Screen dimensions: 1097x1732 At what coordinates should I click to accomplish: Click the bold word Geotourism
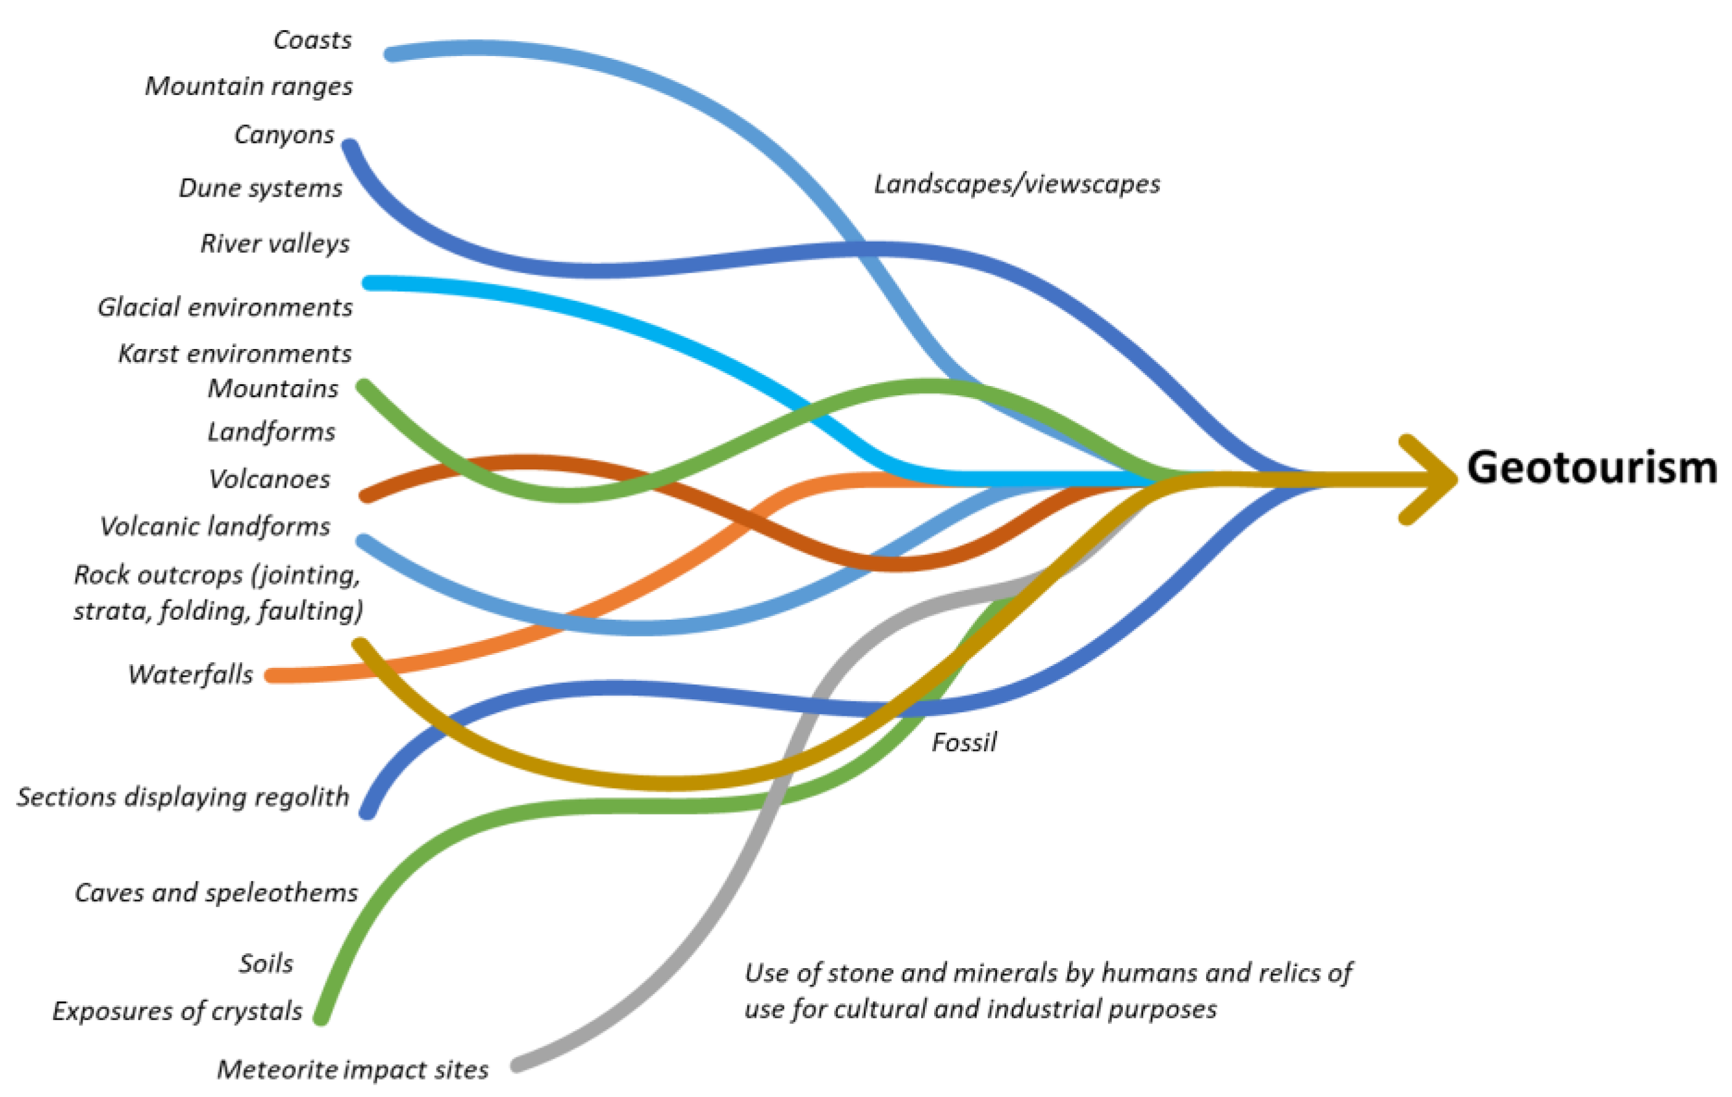(x=1591, y=467)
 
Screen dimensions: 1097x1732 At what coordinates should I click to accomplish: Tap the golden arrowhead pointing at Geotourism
(x=1431, y=479)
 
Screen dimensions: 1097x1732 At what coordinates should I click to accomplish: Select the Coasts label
(x=313, y=40)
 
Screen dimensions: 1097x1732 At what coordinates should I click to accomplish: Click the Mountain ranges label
(x=249, y=86)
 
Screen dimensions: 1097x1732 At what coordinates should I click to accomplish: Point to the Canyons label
(x=284, y=134)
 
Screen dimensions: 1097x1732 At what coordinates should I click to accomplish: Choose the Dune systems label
(x=260, y=189)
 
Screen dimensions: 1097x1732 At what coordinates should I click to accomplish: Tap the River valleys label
(x=275, y=244)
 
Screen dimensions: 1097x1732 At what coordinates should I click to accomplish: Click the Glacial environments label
(x=225, y=308)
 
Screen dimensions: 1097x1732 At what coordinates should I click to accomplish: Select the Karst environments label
(x=235, y=354)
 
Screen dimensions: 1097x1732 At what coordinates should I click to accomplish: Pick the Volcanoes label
(x=269, y=479)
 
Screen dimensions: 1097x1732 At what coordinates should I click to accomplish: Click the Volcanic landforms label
(x=215, y=527)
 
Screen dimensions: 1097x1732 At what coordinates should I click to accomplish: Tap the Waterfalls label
(x=191, y=675)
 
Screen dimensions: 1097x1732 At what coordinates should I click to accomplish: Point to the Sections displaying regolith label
(x=183, y=797)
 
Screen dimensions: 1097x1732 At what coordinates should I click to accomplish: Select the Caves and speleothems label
(x=216, y=893)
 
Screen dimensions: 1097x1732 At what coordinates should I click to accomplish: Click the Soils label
(x=266, y=963)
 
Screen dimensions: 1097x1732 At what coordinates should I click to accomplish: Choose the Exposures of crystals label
(x=178, y=1011)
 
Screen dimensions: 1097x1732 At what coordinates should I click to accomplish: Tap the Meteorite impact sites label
(x=353, y=1070)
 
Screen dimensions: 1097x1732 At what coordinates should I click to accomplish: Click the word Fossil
(x=964, y=742)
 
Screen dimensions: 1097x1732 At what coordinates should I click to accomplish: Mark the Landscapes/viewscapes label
(x=1017, y=185)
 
